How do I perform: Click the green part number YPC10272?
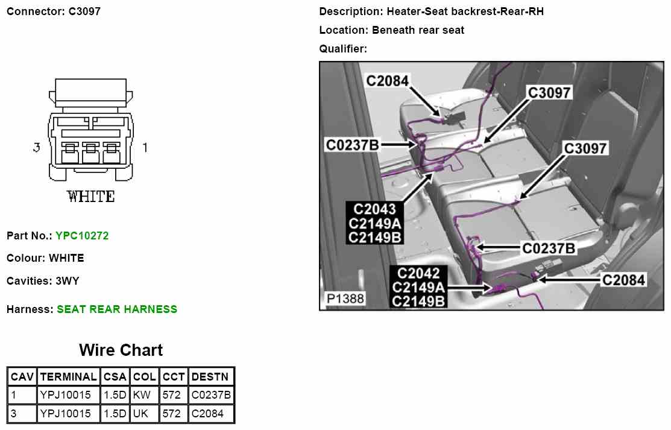[x=82, y=236]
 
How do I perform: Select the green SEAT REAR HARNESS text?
[x=117, y=309]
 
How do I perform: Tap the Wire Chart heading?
[x=121, y=350]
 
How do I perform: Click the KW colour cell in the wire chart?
[x=144, y=395]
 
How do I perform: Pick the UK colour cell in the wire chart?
[x=144, y=414]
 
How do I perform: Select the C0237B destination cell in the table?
[x=211, y=395]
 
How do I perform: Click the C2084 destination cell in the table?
[x=207, y=414]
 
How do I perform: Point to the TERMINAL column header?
[x=68, y=377]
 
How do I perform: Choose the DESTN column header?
[x=210, y=377]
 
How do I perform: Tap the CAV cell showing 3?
[x=14, y=414]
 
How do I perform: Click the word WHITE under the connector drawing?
[x=91, y=197]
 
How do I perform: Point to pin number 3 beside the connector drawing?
[x=37, y=147]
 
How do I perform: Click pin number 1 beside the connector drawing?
[x=145, y=147]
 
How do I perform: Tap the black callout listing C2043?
[x=375, y=223]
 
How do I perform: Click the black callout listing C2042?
[x=418, y=287]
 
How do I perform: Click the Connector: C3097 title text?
[x=54, y=11]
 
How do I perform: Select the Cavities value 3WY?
[x=68, y=281]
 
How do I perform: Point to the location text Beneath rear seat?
[x=418, y=30]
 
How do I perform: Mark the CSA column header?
[x=115, y=377]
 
